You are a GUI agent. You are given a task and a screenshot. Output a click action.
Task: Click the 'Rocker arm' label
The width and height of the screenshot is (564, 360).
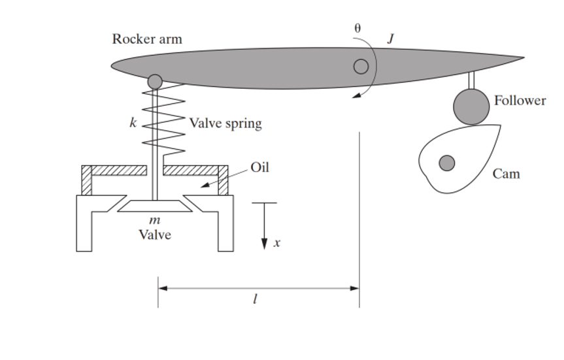(147, 39)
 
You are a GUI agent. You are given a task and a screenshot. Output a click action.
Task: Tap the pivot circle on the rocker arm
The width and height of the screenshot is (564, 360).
(361, 67)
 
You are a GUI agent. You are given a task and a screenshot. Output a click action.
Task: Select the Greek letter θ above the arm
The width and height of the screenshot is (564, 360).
(357, 28)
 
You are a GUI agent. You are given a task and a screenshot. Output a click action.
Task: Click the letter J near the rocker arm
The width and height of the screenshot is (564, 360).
(391, 39)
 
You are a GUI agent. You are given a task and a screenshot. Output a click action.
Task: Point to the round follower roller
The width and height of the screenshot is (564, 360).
(471, 106)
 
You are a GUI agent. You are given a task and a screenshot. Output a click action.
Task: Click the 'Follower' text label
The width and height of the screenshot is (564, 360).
(520, 101)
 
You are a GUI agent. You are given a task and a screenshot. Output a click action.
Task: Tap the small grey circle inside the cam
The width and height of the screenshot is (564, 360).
(446, 163)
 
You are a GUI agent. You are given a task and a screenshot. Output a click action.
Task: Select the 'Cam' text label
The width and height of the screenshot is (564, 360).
(506, 174)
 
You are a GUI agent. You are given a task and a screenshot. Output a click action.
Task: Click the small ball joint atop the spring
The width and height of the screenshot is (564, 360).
(155, 82)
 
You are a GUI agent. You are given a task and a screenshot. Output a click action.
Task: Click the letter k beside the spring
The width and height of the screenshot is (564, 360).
(133, 123)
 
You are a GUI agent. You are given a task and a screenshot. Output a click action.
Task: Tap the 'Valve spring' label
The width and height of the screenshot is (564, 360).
(225, 123)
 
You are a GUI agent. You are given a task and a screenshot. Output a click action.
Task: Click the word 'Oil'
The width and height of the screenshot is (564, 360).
(259, 167)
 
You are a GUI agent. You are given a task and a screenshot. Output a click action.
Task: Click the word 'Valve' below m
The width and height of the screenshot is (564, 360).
(155, 235)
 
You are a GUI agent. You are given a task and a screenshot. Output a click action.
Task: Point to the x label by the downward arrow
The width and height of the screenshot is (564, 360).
(277, 242)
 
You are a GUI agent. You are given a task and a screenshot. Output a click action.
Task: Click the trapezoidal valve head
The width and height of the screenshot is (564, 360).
(155, 206)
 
